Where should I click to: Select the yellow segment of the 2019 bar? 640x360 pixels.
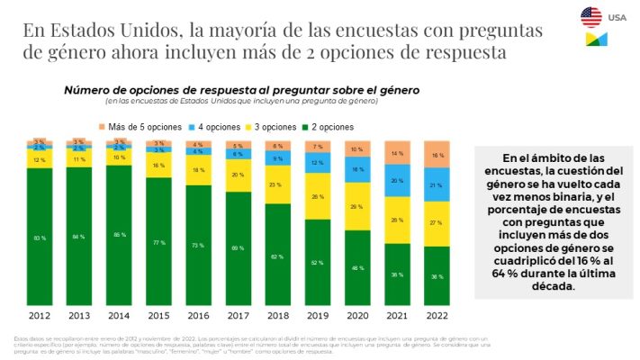tap(318, 196)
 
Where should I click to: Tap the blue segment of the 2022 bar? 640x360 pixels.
tap(437, 185)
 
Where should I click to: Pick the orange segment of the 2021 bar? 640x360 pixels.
tap(397, 153)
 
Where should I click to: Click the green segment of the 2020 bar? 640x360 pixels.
tap(358, 268)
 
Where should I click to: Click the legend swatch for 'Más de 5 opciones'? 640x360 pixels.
tap(102, 127)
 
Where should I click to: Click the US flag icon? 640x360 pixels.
tap(591, 16)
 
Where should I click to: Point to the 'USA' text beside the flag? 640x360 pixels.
tap(617, 17)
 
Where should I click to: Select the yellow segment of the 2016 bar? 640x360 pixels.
tap(199, 170)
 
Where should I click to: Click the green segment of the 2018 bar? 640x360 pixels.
tap(278, 256)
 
